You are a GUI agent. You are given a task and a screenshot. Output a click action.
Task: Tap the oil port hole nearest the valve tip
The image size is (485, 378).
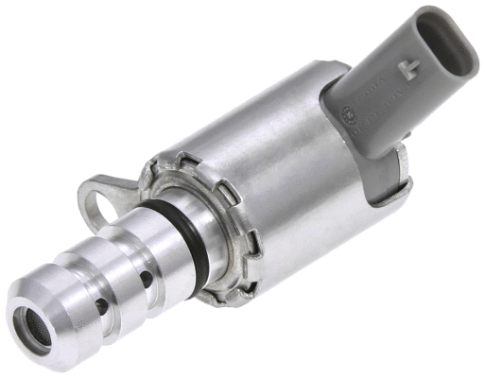pos(101,306)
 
